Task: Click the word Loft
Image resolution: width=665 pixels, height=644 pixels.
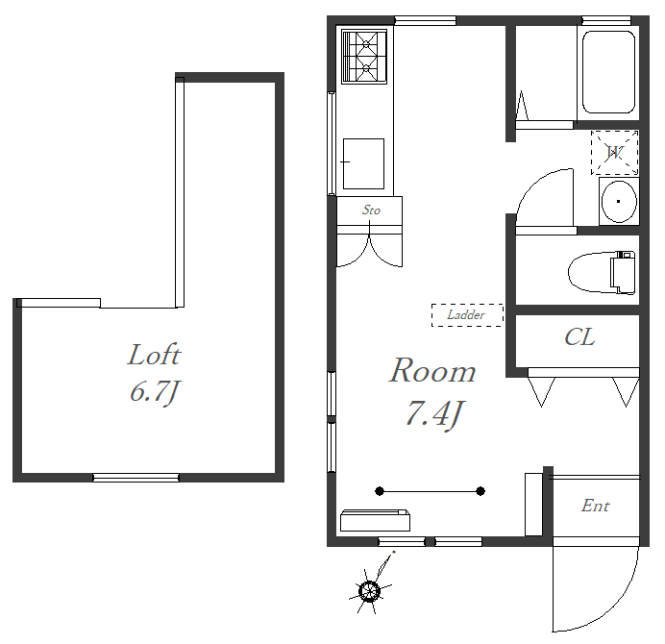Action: coord(155,355)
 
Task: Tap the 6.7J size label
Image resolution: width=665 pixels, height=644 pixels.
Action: coord(156,392)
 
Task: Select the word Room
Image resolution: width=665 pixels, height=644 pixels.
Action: coord(432,370)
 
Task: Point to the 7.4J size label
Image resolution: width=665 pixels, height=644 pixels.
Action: coord(434,414)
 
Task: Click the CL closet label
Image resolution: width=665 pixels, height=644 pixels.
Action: coord(579,337)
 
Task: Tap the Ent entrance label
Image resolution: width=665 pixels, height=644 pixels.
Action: coord(596,506)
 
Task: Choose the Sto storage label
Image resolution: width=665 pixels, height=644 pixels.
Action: coord(371,210)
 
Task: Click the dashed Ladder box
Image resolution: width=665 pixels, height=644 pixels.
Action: coord(467,315)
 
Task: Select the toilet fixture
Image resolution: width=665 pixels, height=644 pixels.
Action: coord(602,272)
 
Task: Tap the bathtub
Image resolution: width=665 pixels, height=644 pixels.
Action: coord(608,72)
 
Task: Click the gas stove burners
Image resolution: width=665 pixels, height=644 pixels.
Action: coord(364,57)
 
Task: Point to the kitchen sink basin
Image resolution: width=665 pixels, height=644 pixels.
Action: coord(363,163)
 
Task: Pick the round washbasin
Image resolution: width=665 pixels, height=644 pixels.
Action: coord(618,202)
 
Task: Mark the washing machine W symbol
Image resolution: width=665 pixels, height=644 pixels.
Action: coord(614,152)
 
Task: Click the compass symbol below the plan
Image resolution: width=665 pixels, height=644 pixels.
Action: coord(370,590)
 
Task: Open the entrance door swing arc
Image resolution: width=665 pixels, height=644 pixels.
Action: coord(615,611)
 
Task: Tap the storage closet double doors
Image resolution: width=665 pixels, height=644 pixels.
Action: coord(369,250)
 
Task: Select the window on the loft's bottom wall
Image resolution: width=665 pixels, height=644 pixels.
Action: coord(135,478)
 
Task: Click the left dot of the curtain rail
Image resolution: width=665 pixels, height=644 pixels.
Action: coord(380,491)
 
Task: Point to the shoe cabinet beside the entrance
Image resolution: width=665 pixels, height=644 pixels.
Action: coord(533,505)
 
